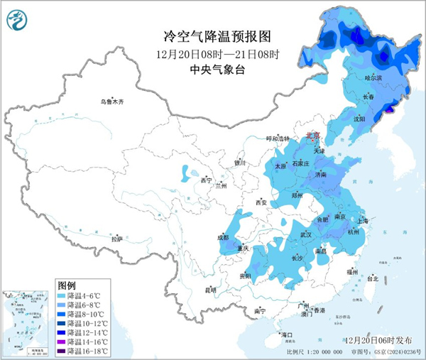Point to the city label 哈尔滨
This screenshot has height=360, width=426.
[x=373, y=77]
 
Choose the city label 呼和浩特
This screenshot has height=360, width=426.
[x=277, y=138]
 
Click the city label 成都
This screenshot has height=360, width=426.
[x=223, y=237]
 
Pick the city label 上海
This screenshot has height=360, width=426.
[x=366, y=221]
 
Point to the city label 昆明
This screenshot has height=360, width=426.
[x=210, y=290]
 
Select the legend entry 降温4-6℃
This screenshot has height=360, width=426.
[x=81, y=294]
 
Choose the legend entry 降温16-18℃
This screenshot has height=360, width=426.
[x=81, y=351]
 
